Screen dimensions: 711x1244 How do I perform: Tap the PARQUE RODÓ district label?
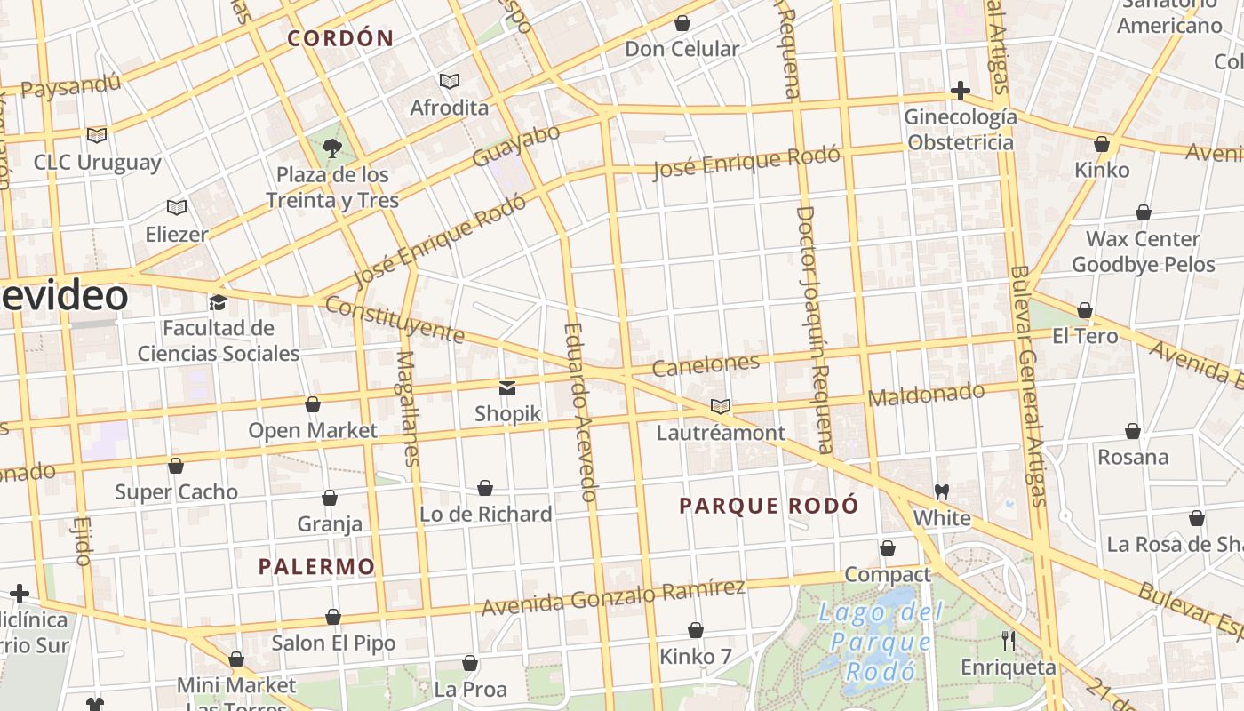pos(769,506)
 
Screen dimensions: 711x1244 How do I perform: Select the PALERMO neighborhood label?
pos(316,566)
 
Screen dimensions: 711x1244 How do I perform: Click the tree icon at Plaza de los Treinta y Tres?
pos(332,148)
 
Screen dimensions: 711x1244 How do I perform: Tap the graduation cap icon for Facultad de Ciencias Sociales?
pos(218,302)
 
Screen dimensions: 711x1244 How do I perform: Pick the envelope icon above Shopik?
pos(507,387)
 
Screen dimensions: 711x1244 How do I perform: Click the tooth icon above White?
pos(942,491)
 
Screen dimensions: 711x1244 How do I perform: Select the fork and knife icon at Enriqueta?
pos(1009,640)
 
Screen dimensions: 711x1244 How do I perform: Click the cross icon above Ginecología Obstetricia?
pos(960,91)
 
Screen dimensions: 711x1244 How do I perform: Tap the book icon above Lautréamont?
pos(721,407)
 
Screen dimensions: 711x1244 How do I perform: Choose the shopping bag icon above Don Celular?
pos(682,23)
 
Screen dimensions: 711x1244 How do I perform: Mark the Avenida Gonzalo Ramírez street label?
pos(613,596)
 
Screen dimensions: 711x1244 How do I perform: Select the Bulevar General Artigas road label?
pos(1031,387)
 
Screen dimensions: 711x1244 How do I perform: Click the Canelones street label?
pos(706,364)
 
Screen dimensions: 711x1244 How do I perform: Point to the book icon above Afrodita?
pos(450,82)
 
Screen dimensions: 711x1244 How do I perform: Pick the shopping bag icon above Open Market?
pos(313,405)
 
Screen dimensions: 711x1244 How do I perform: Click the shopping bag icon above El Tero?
pos(1085,311)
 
